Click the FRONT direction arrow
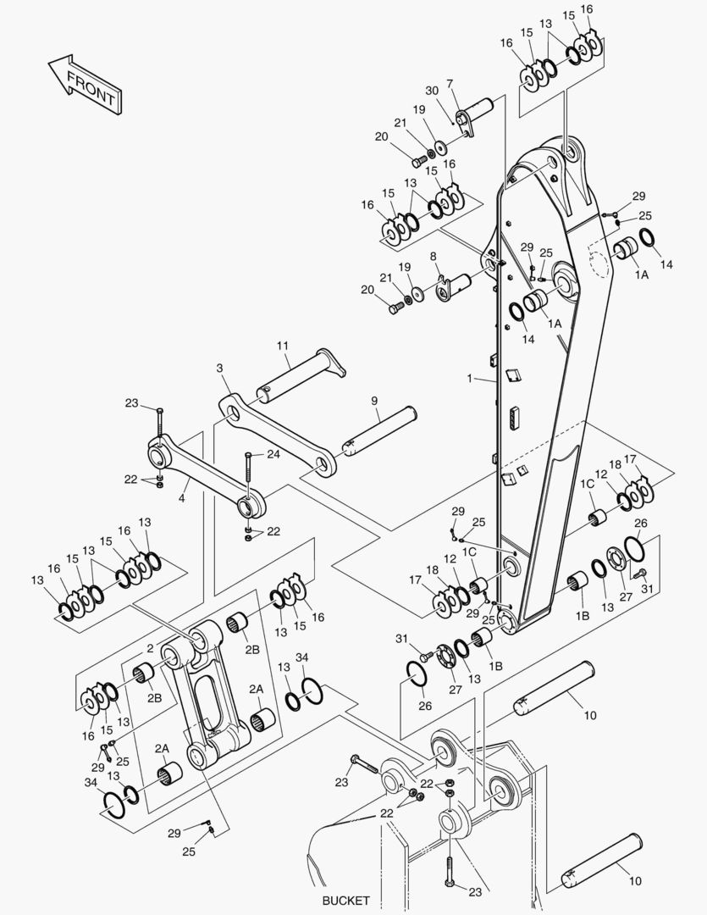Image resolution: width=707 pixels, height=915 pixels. pyautogui.click(x=83, y=86)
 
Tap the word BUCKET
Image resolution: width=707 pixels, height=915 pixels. pyautogui.click(x=346, y=899)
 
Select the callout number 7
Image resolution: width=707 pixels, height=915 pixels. pyautogui.click(x=450, y=84)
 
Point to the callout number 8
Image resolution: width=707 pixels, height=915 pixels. pyautogui.click(x=433, y=255)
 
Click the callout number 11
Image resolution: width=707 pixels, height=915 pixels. pyautogui.click(x=283, y=346)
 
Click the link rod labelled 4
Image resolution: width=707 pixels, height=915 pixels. pyautogui.click(x=203, y=475)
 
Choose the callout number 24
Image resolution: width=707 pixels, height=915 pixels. pyautogui.click(x=273, y=454)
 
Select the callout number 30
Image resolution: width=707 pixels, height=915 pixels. pyautogui.click(x=432, y=91)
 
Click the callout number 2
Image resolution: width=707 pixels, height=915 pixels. pyautogui.click(x=150, y=648)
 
